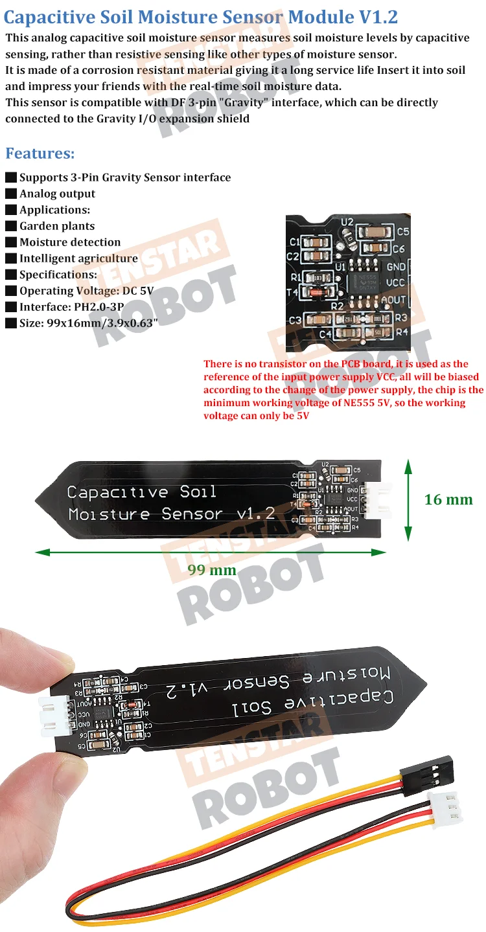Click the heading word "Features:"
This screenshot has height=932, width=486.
(40, 153)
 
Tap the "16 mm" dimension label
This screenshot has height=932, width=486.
(448, 499)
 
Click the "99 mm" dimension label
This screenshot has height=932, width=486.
(212, 570)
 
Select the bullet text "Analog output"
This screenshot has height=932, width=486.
(57, 194)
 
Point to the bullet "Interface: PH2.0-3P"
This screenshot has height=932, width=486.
(71, 307)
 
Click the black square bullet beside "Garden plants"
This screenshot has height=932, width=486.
(10, 226)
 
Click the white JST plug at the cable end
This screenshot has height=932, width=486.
(449, 807)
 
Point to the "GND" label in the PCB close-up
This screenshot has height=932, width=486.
(395, 266)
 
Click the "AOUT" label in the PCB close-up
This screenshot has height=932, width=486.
(393, 300)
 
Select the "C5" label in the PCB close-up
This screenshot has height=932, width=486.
(402, 231)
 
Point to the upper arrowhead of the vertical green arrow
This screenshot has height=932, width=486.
(408, 464)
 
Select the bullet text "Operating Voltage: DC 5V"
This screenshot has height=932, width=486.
(86, 291)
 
